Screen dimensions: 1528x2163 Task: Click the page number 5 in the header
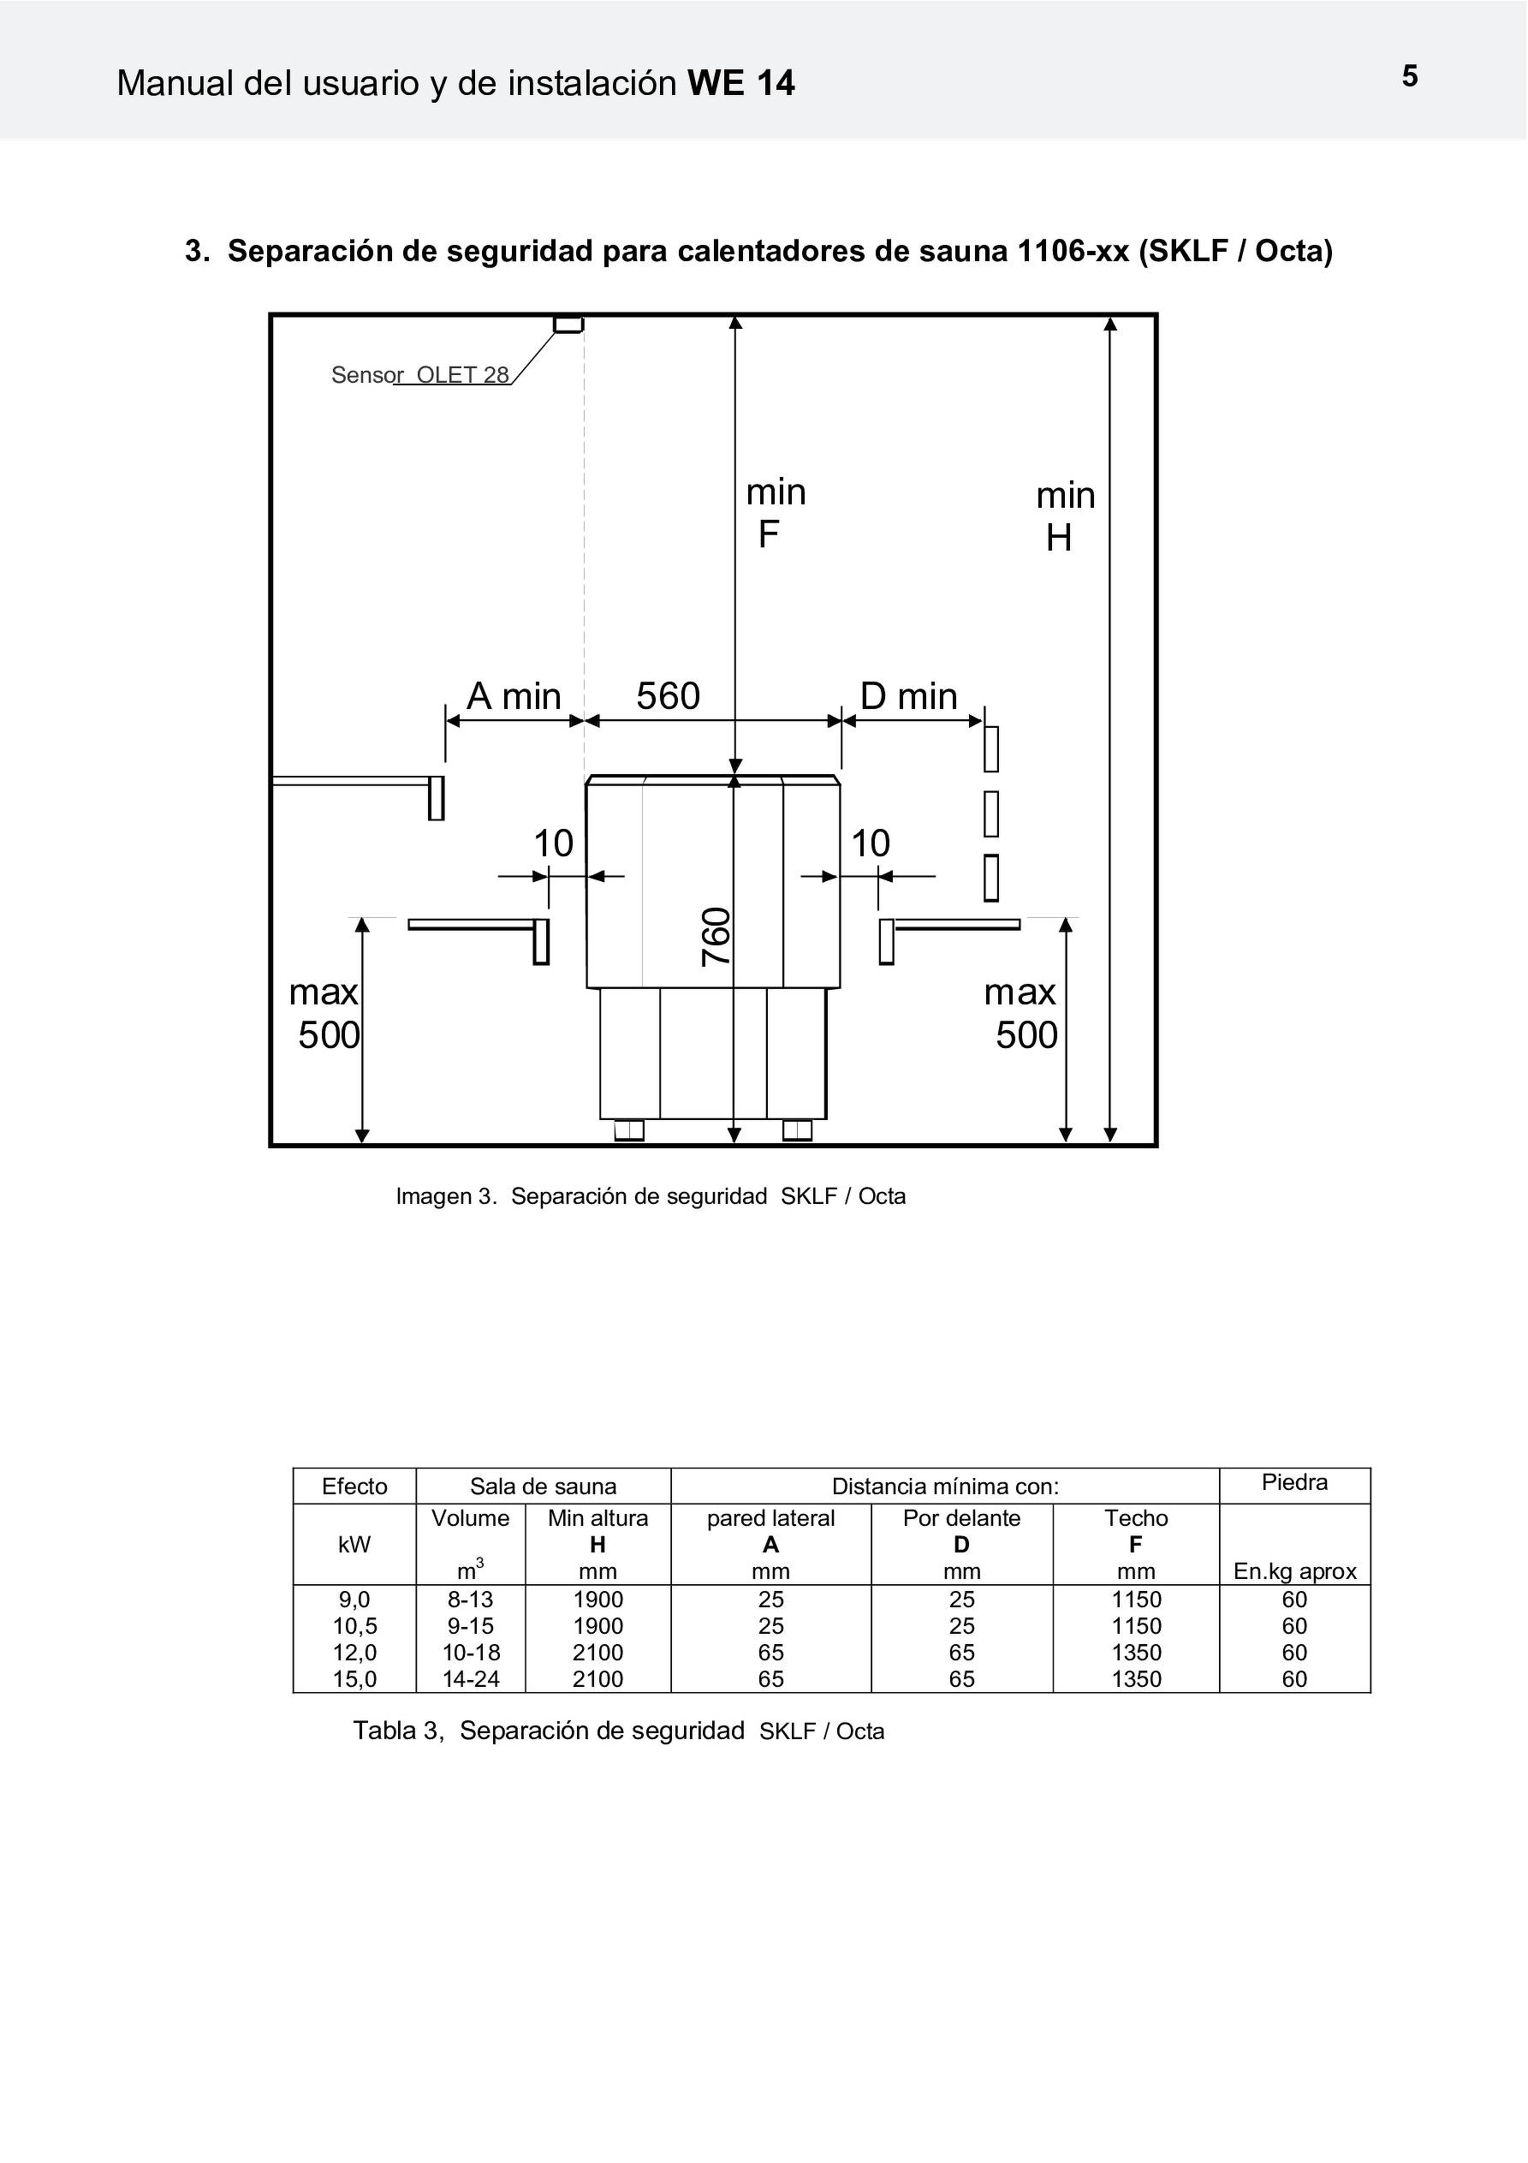click(x=1409, y=76)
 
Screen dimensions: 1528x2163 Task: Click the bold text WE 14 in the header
click(x=741, y=84)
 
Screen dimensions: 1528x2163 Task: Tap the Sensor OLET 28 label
click(x=420, y=375)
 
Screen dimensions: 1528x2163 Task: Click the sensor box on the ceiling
click(x=568, y=324)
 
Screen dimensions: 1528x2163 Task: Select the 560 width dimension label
click(x=668, y=696)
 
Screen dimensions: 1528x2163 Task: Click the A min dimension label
click(x=514, y=696)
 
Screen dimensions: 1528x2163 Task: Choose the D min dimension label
click(x=909, y=696)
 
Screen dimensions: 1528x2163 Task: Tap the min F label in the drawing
click(x=776, y=514)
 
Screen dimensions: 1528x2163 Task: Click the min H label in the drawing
click(x=1066, y=516)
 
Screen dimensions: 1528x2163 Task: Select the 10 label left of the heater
click(x=553, y=843)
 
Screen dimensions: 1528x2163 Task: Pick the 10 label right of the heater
click(x=871, y=843)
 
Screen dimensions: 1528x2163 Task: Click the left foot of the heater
click(x=629, y=1129)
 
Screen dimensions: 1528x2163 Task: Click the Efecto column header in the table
click(x=354, y=1487)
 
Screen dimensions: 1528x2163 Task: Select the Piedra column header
click(x=1294, y=1483)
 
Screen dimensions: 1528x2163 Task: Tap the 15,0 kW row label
click(x=354, y=1679)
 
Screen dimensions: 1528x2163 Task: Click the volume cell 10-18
click(x=470, y=1653)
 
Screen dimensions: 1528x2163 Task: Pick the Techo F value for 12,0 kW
click(x=1136, y=1653)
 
